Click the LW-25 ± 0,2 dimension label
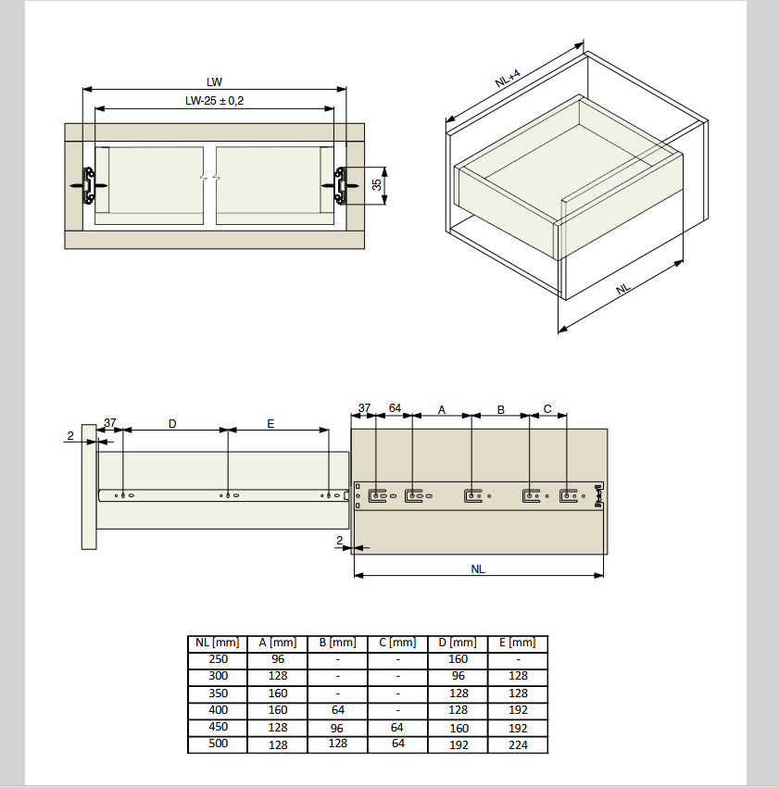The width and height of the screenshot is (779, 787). [x=215, y=100]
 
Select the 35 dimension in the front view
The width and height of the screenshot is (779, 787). [x=377, y=184]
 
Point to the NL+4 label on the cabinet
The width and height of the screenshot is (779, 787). [x=508, y=79]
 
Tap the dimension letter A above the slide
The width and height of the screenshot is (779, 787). [x=442, y=410]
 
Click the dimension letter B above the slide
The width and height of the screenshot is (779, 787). [x=501, y=410]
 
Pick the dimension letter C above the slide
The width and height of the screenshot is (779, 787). [x=547, y=409]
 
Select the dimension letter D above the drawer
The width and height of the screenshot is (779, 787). [x=172, y=424]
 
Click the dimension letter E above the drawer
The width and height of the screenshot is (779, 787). [x=270, y=424]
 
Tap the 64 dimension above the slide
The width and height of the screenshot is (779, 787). [x=395, y=408]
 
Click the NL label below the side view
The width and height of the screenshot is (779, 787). [x=478, y=569]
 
